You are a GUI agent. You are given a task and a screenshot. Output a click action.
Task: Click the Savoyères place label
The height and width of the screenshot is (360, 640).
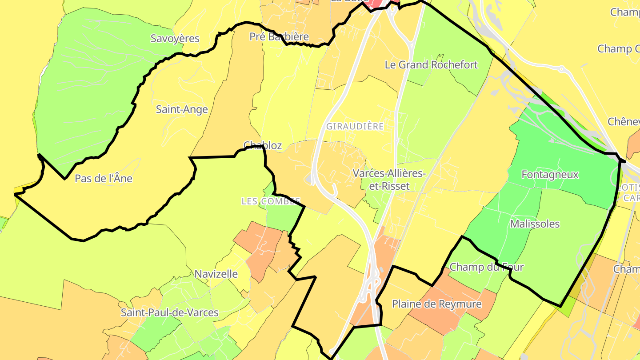[x=175, y=39]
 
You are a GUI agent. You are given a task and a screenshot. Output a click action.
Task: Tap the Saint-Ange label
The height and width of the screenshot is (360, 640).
[x=182, y=109]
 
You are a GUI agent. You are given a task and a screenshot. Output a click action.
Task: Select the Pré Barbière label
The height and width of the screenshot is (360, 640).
[x=279, y=37]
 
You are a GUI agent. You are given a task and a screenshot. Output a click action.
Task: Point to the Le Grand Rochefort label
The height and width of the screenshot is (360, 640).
[x=431, y=65]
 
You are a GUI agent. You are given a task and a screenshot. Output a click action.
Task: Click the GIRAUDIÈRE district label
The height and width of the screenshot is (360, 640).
[x=355, y=126]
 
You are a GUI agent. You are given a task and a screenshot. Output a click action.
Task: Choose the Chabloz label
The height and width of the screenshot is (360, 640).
[x=263, y=145]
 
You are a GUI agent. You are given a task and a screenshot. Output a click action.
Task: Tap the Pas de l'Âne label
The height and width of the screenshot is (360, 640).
[x=104, y=179]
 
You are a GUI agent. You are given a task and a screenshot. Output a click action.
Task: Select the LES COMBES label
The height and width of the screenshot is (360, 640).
[x=271, y=201]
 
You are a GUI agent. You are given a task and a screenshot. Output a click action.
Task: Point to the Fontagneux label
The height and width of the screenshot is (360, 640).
[x=550, y=175]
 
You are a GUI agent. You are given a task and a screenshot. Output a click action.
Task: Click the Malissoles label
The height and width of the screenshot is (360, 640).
[x=535, y=224]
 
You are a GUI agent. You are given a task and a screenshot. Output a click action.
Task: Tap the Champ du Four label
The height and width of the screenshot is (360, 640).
[x=487, y=267]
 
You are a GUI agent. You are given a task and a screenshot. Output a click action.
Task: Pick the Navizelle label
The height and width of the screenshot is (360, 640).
[x=216, y=274]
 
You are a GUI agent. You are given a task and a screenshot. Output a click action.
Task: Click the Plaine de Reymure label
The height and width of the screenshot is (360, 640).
[x=436, y=304]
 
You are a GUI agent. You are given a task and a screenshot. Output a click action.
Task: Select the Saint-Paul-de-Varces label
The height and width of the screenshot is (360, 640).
[x=170, y=312]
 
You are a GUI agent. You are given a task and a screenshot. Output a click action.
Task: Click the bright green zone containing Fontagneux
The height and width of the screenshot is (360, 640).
[x=564, y=147]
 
